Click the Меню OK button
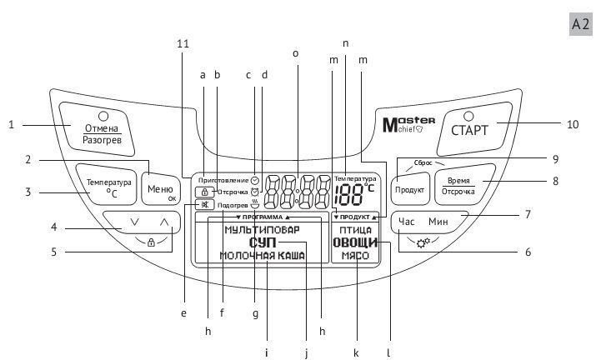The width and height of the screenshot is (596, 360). coord(161,189)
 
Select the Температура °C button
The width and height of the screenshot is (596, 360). coord(107,185)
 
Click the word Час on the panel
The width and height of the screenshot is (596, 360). coord(406,221)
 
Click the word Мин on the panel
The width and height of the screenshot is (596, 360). coord(438,221)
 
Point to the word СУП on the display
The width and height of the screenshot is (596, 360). coord(263,242)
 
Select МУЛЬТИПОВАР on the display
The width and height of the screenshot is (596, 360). coord(263,230)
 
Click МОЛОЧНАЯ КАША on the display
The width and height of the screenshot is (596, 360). coord(263,256)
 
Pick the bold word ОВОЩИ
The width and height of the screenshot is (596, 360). coord(355,242)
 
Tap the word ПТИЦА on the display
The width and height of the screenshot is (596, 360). coord(355,230)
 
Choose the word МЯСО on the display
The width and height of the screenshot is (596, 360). coord(355,256)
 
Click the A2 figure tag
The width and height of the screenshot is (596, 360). coord(581,24)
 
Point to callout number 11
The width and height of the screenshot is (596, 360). coord(183,43)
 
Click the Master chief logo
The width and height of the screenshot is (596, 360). coord(408,125)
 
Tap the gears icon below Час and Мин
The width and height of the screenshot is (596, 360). coord(423,242)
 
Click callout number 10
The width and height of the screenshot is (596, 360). coord(573,124)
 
